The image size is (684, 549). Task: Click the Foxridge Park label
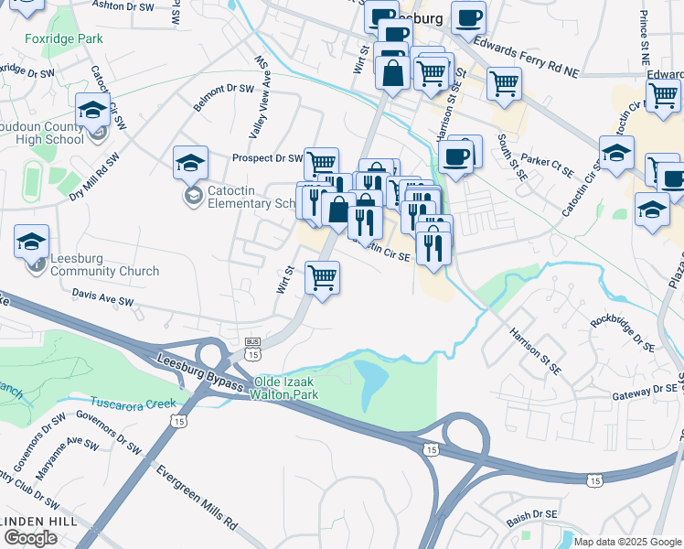click(x=64, y=39)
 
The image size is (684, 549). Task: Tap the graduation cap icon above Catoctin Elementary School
click(x=191, y=163)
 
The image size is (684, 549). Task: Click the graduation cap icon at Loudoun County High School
click(x=93, y=110)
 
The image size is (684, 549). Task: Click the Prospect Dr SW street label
click(x=267, y=158)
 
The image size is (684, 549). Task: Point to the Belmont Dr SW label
click(x=222, y=98)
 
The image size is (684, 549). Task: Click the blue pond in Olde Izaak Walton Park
click(x=370, y=382)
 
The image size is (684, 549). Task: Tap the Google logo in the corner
click(x=30, y=538)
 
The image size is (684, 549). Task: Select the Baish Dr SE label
click(x=540, y=516)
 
